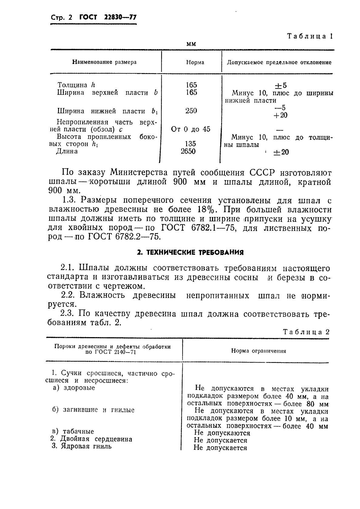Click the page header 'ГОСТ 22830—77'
[108, 18]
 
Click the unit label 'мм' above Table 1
[191, 44]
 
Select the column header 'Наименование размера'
[104, 62]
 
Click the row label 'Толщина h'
[76, 85]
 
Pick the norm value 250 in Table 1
[191, 111]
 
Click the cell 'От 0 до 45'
[190, 129]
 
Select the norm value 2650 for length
[188, 151]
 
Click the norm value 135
[190, 144]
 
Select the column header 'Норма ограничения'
[259, 351]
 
